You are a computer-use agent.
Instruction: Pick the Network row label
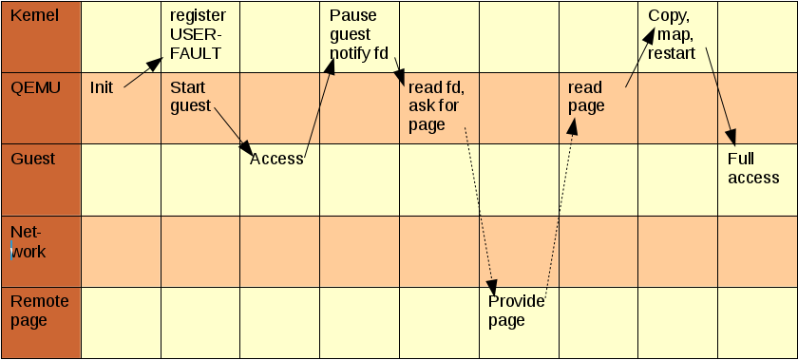click(28, 241)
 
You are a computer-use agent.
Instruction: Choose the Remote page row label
click(39, 311)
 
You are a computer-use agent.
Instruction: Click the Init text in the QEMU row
click(102, 87)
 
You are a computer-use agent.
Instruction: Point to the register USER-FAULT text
click(197, 34)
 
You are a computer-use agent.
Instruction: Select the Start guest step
click(190, 96)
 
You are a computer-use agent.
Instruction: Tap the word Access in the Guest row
click(275, 159)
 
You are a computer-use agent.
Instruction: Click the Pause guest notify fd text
click(359, 34)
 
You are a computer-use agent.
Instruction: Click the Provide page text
click(516, 311)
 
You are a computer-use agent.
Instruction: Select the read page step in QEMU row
click(586, 96)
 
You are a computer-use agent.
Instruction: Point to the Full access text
click(752, 168)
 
